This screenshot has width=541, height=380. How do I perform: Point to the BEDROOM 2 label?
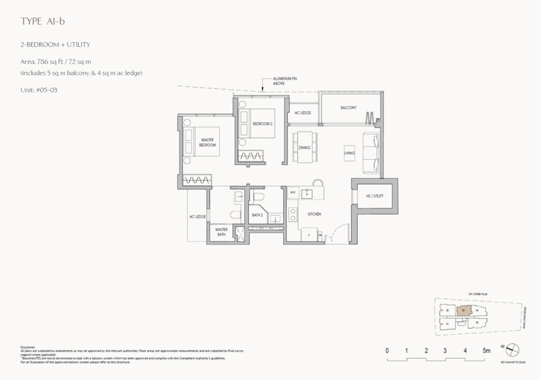pyautogui.click(x=263, y=124)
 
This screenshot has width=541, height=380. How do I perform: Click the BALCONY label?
pyautogui.click(x=348, y=108)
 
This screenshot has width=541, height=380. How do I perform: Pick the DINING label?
pyautogui.click(x=304, y=148)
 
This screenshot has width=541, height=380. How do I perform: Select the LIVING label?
pyautogui.click(x=349, y=153)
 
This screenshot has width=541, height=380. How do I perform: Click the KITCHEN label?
pyautogui.click(x=315, y=214)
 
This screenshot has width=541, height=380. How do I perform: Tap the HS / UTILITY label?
pyautogui.click(x=375, y=196)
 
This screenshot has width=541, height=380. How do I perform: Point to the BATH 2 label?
pyautogui.click(x=257, y=215)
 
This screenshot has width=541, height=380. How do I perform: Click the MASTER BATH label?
pyautogui.click(x=221, y=231)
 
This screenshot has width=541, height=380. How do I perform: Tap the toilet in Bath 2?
pyautogui.click(x=259, y=198)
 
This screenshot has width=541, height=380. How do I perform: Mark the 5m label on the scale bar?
pyautogui.click(x=487, y=350)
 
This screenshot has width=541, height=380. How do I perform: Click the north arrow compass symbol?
pyautogui.click(x=512, y=349)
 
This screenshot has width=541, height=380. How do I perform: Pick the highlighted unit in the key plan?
pyautogui.click(x=463, y=311)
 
